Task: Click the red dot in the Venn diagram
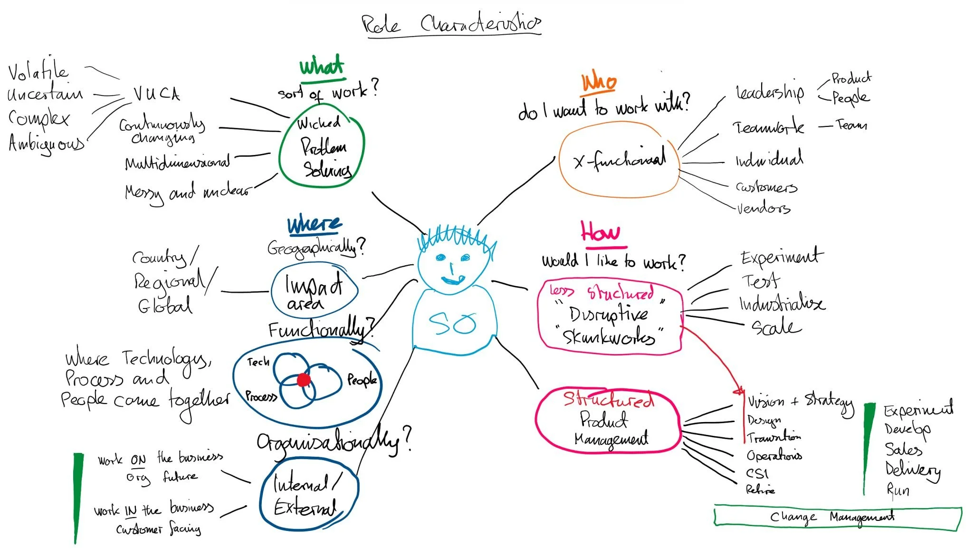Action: (304, 380)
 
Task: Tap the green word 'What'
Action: (322, 67)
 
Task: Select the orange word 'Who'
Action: (599, 82)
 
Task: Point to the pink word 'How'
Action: (601, 233)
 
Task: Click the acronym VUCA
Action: (156, 94)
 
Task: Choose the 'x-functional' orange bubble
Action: (619, 161)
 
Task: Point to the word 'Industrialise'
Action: (782, 303)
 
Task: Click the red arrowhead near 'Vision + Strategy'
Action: (739, 392)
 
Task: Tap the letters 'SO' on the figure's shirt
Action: (452, 324)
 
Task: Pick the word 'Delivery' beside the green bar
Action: (912, 471)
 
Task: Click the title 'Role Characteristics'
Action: (451, 24)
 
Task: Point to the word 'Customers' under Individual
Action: (766, 187)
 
